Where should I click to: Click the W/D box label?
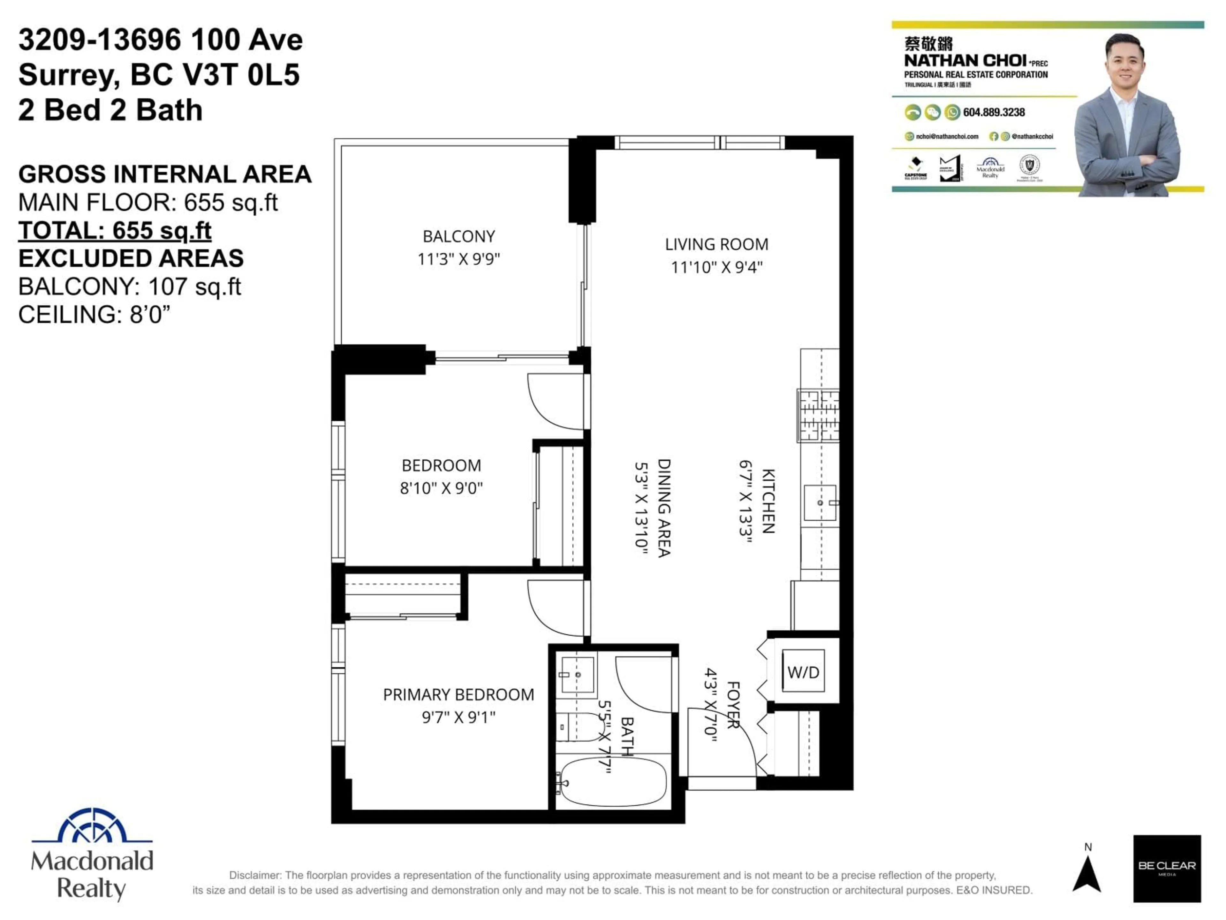[803, 673]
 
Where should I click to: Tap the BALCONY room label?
[459, 237]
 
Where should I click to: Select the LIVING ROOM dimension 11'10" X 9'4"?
[717, 267]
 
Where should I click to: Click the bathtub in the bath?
[612, 782]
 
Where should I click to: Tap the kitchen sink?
[820, 502]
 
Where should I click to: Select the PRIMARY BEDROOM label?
[458, 695]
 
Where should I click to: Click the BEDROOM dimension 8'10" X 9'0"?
[441, 488]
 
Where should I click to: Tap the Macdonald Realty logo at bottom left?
[92, 854]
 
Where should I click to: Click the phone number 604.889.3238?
[994, 112]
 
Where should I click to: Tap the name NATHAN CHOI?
[965, 60]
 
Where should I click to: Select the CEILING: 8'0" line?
[94, 315]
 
